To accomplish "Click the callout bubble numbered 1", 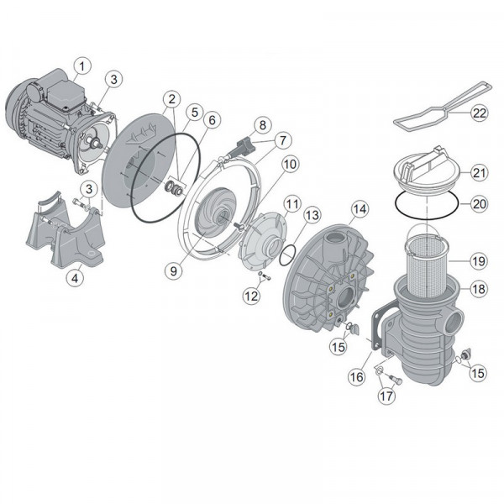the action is click(x=82, y=66).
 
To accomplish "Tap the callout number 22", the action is click(x=480, y=113).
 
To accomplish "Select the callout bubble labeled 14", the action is click(x=360, y=209).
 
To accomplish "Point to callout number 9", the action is click(x=174, y=271).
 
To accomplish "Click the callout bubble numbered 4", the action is click(x=75, y=278).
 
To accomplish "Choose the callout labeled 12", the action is click(x=251, y=296).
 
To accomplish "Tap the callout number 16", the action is click(x=357, y=376).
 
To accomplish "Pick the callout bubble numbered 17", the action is click(x=386, y=396).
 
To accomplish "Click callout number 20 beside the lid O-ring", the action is click(x=479, y=204).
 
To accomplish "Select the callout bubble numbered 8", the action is click(x=263, y=125).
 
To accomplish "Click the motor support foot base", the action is click(x=65, y=233).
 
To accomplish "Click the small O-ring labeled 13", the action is click(x=287, y=255).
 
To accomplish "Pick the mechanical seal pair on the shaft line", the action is click(x=174, y=187).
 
